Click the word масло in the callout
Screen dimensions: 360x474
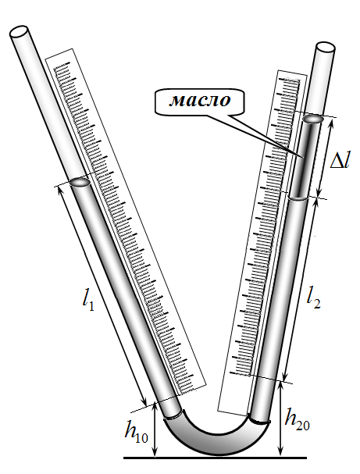pyautogui.click(x=199, y=101)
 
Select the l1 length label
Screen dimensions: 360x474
pyautogui.click(x=88, y=300)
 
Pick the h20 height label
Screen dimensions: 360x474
pyautogui.click(x=298, y=421)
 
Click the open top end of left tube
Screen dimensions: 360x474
pyautogui.click(x=20, y=31)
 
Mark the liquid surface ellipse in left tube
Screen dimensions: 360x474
pyautogui.click(x=80, y=182)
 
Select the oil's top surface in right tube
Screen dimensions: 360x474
pyautogui.click(x=314, y=119)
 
